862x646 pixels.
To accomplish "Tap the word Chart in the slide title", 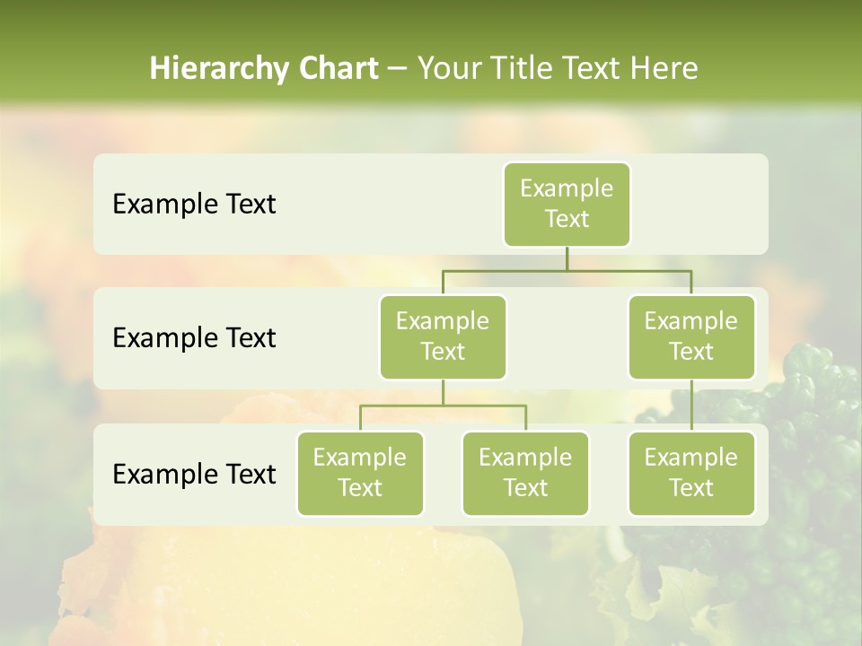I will [336, 69].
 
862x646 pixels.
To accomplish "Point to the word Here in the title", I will [665, 69].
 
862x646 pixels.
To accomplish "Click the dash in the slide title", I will [398, 69].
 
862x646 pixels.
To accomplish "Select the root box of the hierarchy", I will [567, 204].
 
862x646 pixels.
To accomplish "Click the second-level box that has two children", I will [443, 336].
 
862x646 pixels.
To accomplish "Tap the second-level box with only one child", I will [691, 336].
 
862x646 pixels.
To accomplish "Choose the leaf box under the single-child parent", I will [691, 473].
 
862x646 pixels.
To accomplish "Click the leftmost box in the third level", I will [360, 473].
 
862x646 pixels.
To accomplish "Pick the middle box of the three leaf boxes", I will [525, 473].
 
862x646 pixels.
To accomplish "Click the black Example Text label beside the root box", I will [194, 205].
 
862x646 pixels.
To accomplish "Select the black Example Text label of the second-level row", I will [194, 338].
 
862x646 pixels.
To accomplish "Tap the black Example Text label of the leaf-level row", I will [194, 474].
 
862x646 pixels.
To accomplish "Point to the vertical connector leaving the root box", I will [567, 258].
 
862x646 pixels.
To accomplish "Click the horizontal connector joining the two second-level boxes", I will [567, 270].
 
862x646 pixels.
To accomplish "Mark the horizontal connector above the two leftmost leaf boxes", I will [443, 406].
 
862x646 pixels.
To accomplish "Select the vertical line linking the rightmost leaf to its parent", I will [691, 406].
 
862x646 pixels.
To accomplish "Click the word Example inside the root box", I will [567, 188].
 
